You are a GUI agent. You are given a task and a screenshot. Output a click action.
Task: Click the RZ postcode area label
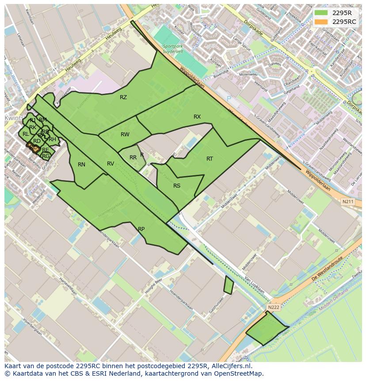(x=123, y=97)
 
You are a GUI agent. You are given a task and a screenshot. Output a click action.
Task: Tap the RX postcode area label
(x=197, y=117)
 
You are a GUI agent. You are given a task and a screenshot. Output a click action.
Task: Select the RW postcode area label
(x=125, y=135)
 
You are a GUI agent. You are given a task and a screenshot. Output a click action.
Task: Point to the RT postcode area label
(x=210, y=159)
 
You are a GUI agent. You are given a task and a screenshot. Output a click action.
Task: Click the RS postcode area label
(x=177, y=186)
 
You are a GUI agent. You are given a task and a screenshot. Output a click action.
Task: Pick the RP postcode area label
(x=141, y=229)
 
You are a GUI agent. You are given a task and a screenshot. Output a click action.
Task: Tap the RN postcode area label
(x=81, y=165)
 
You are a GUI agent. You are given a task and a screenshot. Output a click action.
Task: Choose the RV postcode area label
(x=111, y=164)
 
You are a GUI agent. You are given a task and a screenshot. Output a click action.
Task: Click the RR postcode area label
(x=133, y=158)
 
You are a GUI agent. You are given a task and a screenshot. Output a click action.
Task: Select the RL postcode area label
(x=26, y=134)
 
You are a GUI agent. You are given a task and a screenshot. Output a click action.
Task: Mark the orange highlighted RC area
(x=33, y=146)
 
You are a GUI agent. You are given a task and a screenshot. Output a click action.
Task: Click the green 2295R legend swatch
(x=321, y=13)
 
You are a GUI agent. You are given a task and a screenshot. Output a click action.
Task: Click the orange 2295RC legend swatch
(x=321, y=22)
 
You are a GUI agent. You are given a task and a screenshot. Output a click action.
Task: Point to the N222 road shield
(x=274, y=307)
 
